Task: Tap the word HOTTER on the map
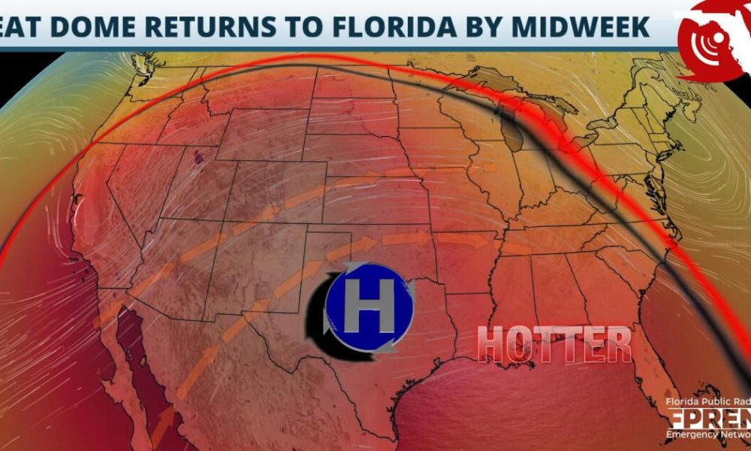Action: (x=554, y=344)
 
